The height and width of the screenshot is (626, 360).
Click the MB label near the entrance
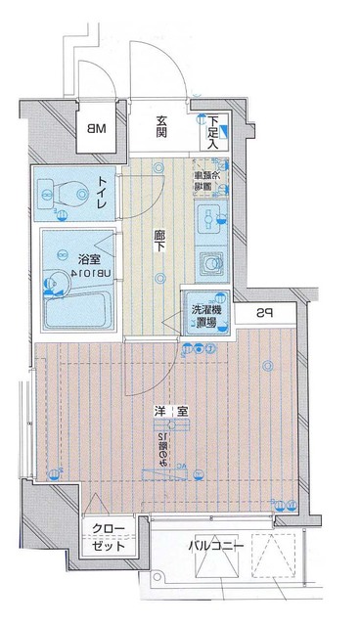98,128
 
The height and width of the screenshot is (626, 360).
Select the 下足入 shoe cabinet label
214,131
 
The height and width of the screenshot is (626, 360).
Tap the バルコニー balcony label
210,545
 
